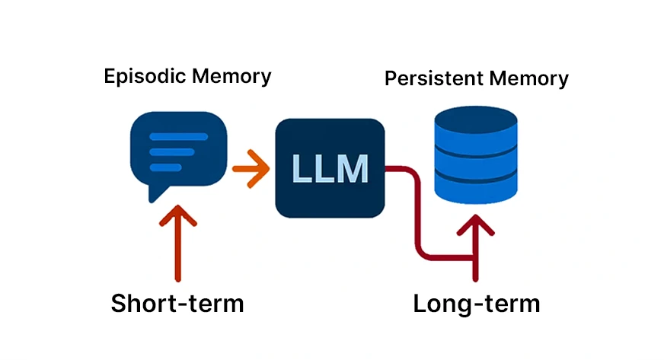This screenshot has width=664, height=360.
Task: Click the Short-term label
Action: point(177,303)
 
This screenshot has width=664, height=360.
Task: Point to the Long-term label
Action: point(476,303)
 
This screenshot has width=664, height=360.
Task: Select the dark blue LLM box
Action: point(329,167)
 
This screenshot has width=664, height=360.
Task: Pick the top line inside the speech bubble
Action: point(179,137)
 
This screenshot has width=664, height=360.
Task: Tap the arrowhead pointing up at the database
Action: point(476,225)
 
